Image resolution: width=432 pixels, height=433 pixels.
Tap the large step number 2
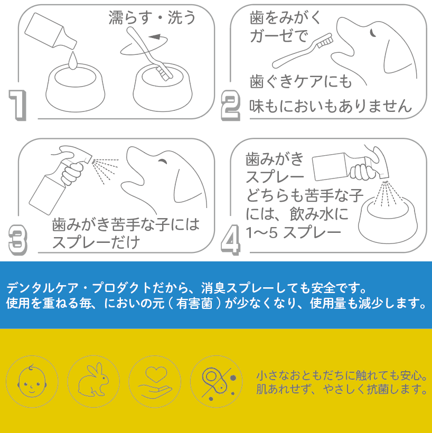(231, 105)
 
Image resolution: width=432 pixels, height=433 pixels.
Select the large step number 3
(18, 240)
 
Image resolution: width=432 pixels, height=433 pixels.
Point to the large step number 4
(230, 240)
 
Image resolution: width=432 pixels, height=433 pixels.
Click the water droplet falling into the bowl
(73, 61)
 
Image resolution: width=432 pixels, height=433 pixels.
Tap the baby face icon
(32, 381)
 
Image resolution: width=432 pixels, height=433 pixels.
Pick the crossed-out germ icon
(217, 381)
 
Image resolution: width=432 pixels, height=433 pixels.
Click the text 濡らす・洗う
(152, 17)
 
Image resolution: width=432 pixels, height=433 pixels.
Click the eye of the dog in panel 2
(372, 33)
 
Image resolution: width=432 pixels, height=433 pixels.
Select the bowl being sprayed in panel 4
(388, 221)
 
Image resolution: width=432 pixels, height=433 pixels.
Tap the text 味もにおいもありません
(331, 106)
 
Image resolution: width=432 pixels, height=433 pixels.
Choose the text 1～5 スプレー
(293, 232)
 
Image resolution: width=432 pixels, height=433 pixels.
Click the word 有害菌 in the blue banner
(194, 304)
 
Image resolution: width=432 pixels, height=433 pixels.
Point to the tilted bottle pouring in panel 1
(50, 31)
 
